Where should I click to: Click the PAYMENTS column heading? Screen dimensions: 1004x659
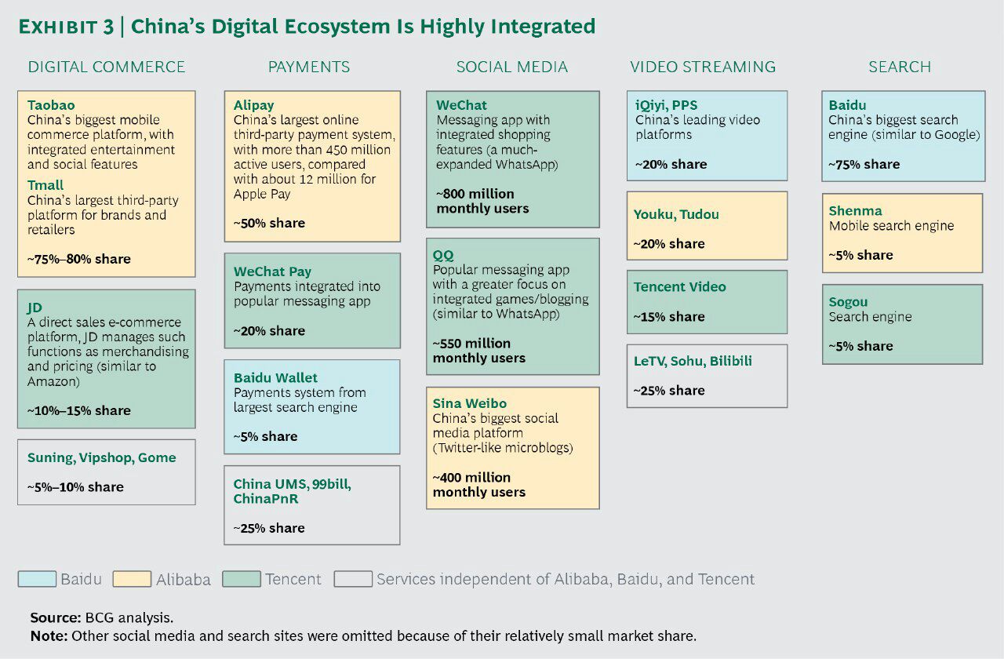point(309,67)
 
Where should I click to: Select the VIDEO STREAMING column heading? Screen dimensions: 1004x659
point(703,67)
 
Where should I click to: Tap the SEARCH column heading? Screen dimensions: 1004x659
point(900,67)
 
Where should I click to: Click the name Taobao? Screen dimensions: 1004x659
point(51,105)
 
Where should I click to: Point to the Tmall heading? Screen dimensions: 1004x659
point(45,184)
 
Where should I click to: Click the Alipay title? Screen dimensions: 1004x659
point(253,105)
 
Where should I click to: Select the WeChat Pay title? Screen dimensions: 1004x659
point(272,271)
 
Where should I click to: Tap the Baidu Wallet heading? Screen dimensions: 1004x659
point(275,377)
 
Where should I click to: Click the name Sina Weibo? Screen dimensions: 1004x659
point(469,403)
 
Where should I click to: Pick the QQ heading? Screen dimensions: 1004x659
point(443,255)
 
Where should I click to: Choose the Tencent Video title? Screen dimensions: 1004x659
point(679,286)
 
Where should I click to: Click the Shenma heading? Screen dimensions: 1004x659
point(855,211)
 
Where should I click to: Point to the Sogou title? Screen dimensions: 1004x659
point(848,302)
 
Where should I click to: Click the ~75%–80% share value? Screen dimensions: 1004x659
point(79,259)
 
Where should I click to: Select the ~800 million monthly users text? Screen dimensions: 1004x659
point(482,201)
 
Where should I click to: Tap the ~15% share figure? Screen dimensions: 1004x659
point(669,316)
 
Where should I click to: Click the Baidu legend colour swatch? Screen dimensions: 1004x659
point(37,579)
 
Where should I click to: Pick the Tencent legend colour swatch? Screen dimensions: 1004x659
point(242,579)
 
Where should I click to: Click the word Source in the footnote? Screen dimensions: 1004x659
point(55,617)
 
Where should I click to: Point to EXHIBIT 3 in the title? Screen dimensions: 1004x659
point(66,27)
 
